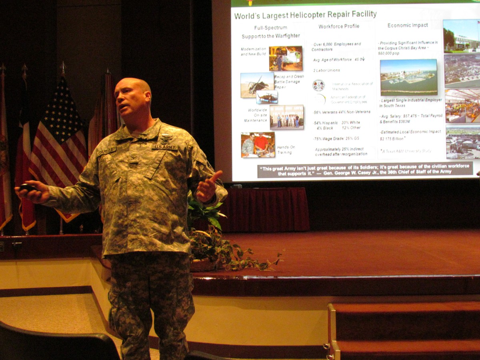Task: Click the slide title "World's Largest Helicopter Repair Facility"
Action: (305, 15)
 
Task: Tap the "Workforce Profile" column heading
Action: (339, 26)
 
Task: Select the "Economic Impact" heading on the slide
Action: (408, 25)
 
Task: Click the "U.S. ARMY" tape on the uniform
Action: (165, 147)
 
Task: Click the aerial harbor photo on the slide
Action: (408, 77)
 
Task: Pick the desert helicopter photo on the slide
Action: (257, 84)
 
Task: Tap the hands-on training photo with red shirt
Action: (258, 145)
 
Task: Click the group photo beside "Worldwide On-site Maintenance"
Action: (286, 117)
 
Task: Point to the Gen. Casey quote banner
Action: (365, 170)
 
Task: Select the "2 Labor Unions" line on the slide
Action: (326, 70)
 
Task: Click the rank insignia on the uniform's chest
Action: (134, 158)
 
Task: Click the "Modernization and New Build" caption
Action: (253, 51)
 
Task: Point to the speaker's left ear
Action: (148, 98)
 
